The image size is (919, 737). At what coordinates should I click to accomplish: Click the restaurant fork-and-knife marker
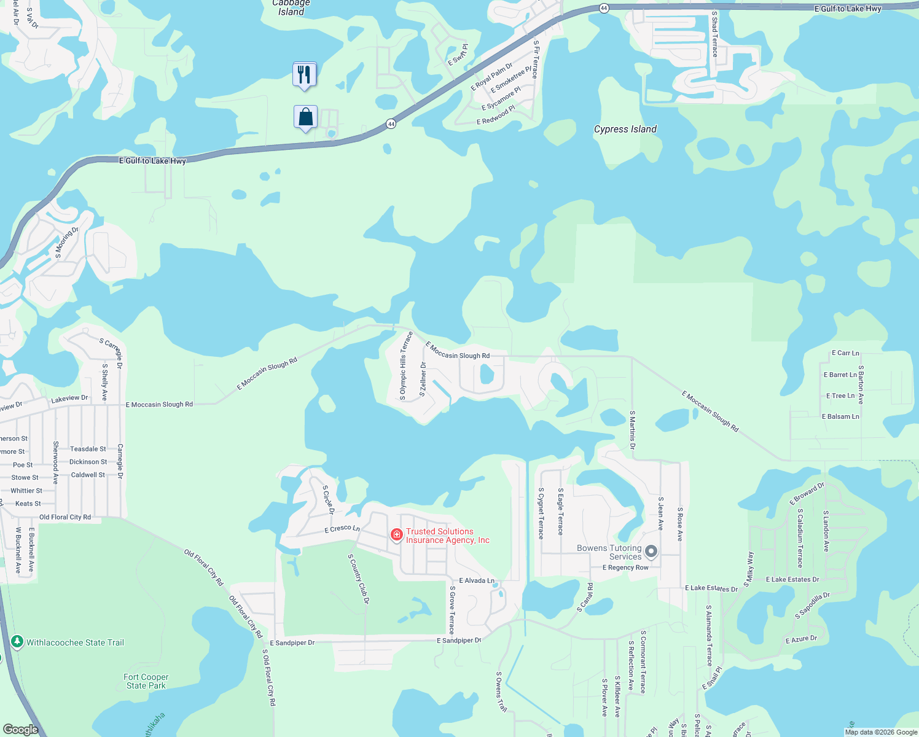click(x=304, y=75)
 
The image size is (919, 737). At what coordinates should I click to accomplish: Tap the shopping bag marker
click(x=305, y=117)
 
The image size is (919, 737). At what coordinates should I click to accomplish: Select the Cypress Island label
click(x=625, y=129)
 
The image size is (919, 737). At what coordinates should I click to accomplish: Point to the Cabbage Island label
click(x=291, y=7)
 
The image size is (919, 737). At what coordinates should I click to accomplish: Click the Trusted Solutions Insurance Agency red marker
click(x=397, y=536)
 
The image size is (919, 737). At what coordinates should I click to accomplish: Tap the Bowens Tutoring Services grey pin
click(x=651, y=552)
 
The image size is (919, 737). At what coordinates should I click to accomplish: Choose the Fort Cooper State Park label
click(x=146, y=681)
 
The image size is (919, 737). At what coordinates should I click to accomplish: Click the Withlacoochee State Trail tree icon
click(x=17, y=642)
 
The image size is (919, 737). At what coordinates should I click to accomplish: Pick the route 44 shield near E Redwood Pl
click(x=391, y=124)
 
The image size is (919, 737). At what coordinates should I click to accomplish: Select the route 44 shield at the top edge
click(x=604, y=9)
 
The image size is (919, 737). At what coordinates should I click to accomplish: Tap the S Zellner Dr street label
click(x=423, y=379)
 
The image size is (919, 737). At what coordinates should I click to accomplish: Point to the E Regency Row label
click(x=625, y=567)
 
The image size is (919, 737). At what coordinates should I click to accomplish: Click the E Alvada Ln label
click(x=477, y=580)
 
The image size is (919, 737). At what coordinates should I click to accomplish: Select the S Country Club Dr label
click(x=359, y=579)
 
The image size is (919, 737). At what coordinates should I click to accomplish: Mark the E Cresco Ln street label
click(x=342, y=529)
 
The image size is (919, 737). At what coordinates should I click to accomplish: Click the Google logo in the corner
click(x=20, y=730)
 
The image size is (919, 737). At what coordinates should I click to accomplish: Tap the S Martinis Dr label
click(x=632, y=430)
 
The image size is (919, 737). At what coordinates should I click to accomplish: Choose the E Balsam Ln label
click(x=840, y=416)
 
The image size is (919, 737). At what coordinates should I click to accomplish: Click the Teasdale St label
click(x=88, y=449)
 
